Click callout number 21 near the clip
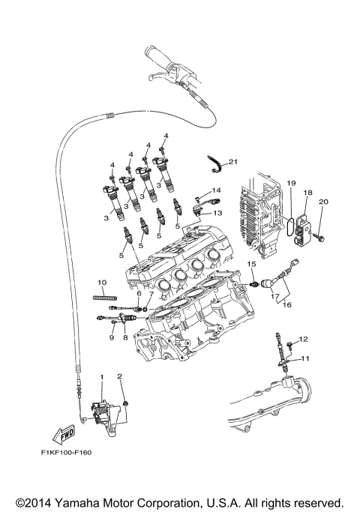point(232,161)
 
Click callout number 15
point(252,265)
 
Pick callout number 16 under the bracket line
point(286,306)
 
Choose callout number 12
point(304,340)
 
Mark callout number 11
point(305,359)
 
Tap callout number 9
point(110,337)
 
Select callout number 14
point(216,190)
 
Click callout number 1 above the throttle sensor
point(101,375)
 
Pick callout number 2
point(118,375)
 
